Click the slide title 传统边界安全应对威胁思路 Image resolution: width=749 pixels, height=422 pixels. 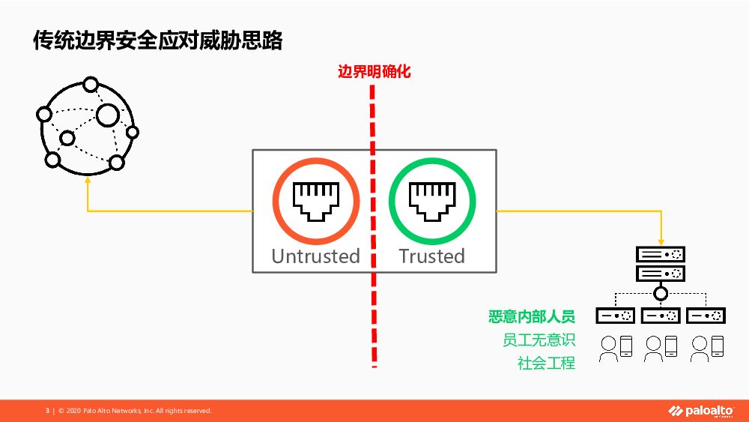point(158,40)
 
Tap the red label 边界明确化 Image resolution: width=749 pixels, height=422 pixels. point(374,73)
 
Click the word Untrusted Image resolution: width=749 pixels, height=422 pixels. point(315,256)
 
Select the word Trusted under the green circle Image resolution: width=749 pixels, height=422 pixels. point(431,256)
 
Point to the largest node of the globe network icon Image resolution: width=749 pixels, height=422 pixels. point(107,115)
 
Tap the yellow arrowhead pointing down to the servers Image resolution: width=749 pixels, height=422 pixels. point(661,239)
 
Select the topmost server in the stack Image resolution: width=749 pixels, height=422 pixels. point(661,254)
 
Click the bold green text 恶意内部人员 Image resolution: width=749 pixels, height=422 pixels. point(531,316)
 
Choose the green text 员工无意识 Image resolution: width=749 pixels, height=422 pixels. point(539,340)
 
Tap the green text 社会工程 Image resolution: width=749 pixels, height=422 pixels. point(546,364)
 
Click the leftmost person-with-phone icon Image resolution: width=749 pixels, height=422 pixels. point(616,346)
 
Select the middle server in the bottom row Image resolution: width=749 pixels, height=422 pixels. point(661,316)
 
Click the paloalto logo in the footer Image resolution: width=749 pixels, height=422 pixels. point(701,411)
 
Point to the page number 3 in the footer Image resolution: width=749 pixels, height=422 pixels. point(47,411)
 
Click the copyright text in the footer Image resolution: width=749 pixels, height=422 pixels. point(135,411)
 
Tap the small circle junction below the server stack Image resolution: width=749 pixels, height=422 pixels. point(661,293)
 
